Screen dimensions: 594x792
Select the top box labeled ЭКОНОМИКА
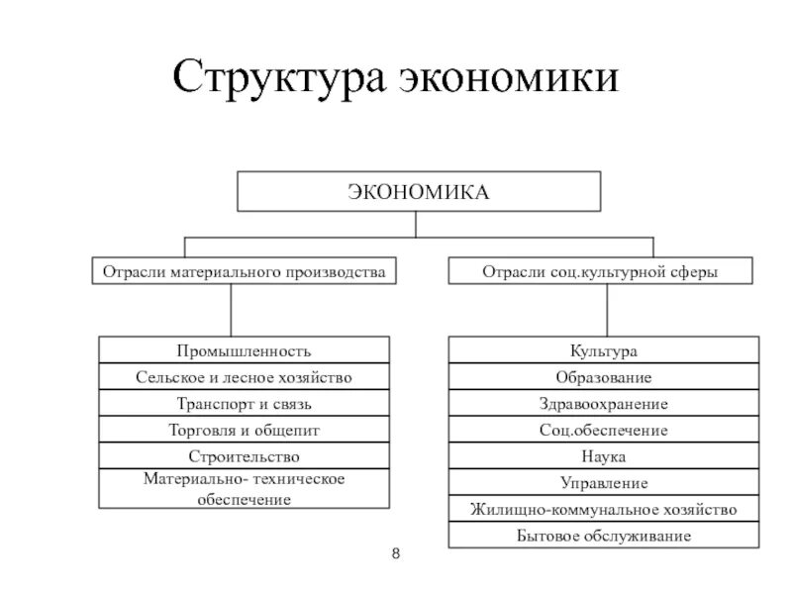pos(419,191)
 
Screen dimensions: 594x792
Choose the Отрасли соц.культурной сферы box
pos(601,270)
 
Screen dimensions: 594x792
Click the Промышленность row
pos(244,350)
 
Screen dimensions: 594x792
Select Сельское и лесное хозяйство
pos(244,377)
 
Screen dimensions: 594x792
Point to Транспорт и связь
pos(244,404)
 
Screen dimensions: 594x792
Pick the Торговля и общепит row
pos(244,430)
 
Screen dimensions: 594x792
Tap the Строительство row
pos(244,456)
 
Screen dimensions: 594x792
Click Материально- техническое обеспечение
pos(244,489)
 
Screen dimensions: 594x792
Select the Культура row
pos(604,350)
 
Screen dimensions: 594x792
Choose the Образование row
pos(604,377)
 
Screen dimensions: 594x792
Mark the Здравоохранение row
pos(604,404)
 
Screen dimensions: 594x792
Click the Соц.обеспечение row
pos(604,430)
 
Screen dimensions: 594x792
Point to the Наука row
pos(604,456)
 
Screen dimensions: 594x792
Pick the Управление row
pos(604,483)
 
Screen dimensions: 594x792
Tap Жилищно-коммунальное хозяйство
pos(604,509)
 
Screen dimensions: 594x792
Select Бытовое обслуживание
pos(604,536)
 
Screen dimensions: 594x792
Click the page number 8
pos(396,553)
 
